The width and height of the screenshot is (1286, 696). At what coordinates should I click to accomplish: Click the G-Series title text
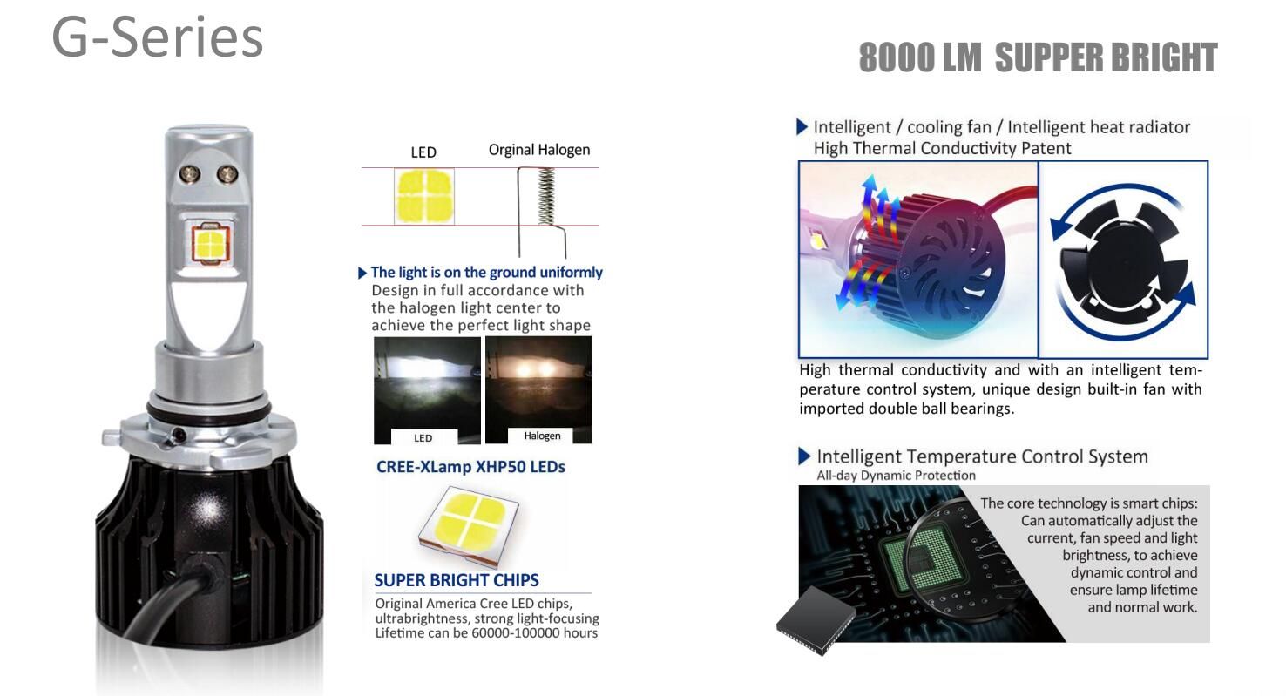tap(158, 37)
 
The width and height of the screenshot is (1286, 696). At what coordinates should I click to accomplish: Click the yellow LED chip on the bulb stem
tap(211, 243)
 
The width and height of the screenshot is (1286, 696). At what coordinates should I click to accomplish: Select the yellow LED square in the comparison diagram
tap(424, 196)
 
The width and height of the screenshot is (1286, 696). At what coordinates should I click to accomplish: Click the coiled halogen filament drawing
tap(546, 196)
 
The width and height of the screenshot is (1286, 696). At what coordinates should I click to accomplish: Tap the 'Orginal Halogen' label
tap(539, 150)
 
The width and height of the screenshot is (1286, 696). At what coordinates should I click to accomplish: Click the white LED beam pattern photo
tap(427, 390)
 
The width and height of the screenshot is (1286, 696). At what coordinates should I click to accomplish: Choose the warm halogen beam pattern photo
tap(538, 389)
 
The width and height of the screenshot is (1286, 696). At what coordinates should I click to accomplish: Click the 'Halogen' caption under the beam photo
tap(542, 436)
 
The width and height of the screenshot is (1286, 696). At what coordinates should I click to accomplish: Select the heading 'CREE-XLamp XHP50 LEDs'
tap(470, 467)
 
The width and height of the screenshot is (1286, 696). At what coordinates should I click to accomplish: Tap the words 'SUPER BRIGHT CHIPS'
tap(457, 580)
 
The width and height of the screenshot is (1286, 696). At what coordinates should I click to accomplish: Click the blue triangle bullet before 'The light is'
tap(362, 273)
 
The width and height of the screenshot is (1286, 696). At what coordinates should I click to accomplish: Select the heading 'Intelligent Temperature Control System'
tap(982, 456)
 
